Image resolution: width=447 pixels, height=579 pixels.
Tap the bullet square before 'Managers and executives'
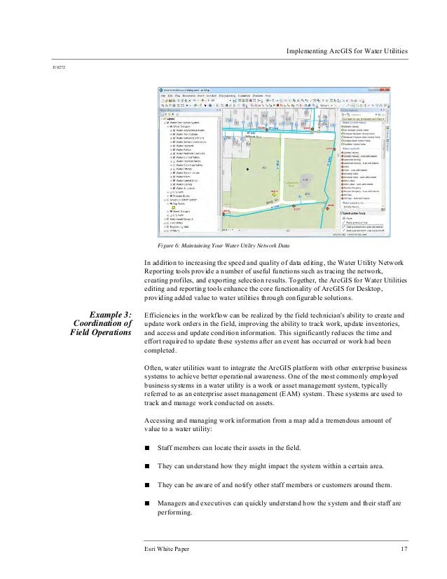[x=147, y=503]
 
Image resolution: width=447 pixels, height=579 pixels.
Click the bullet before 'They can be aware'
[x=147, y=485]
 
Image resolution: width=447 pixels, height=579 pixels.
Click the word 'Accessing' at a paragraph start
[x=159, y=421]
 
